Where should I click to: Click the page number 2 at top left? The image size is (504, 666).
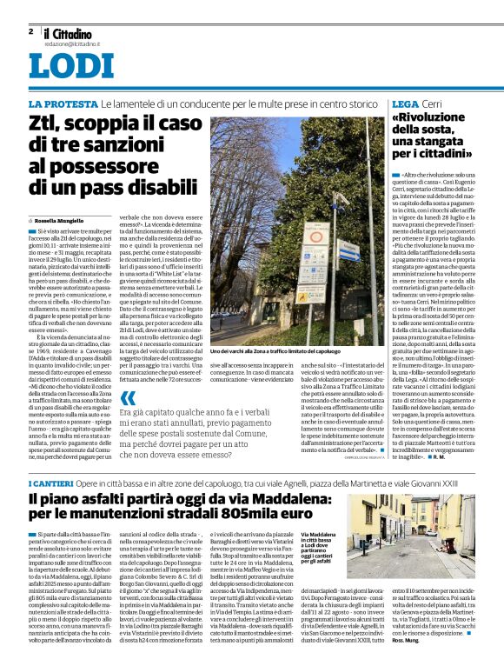(30, 30)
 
